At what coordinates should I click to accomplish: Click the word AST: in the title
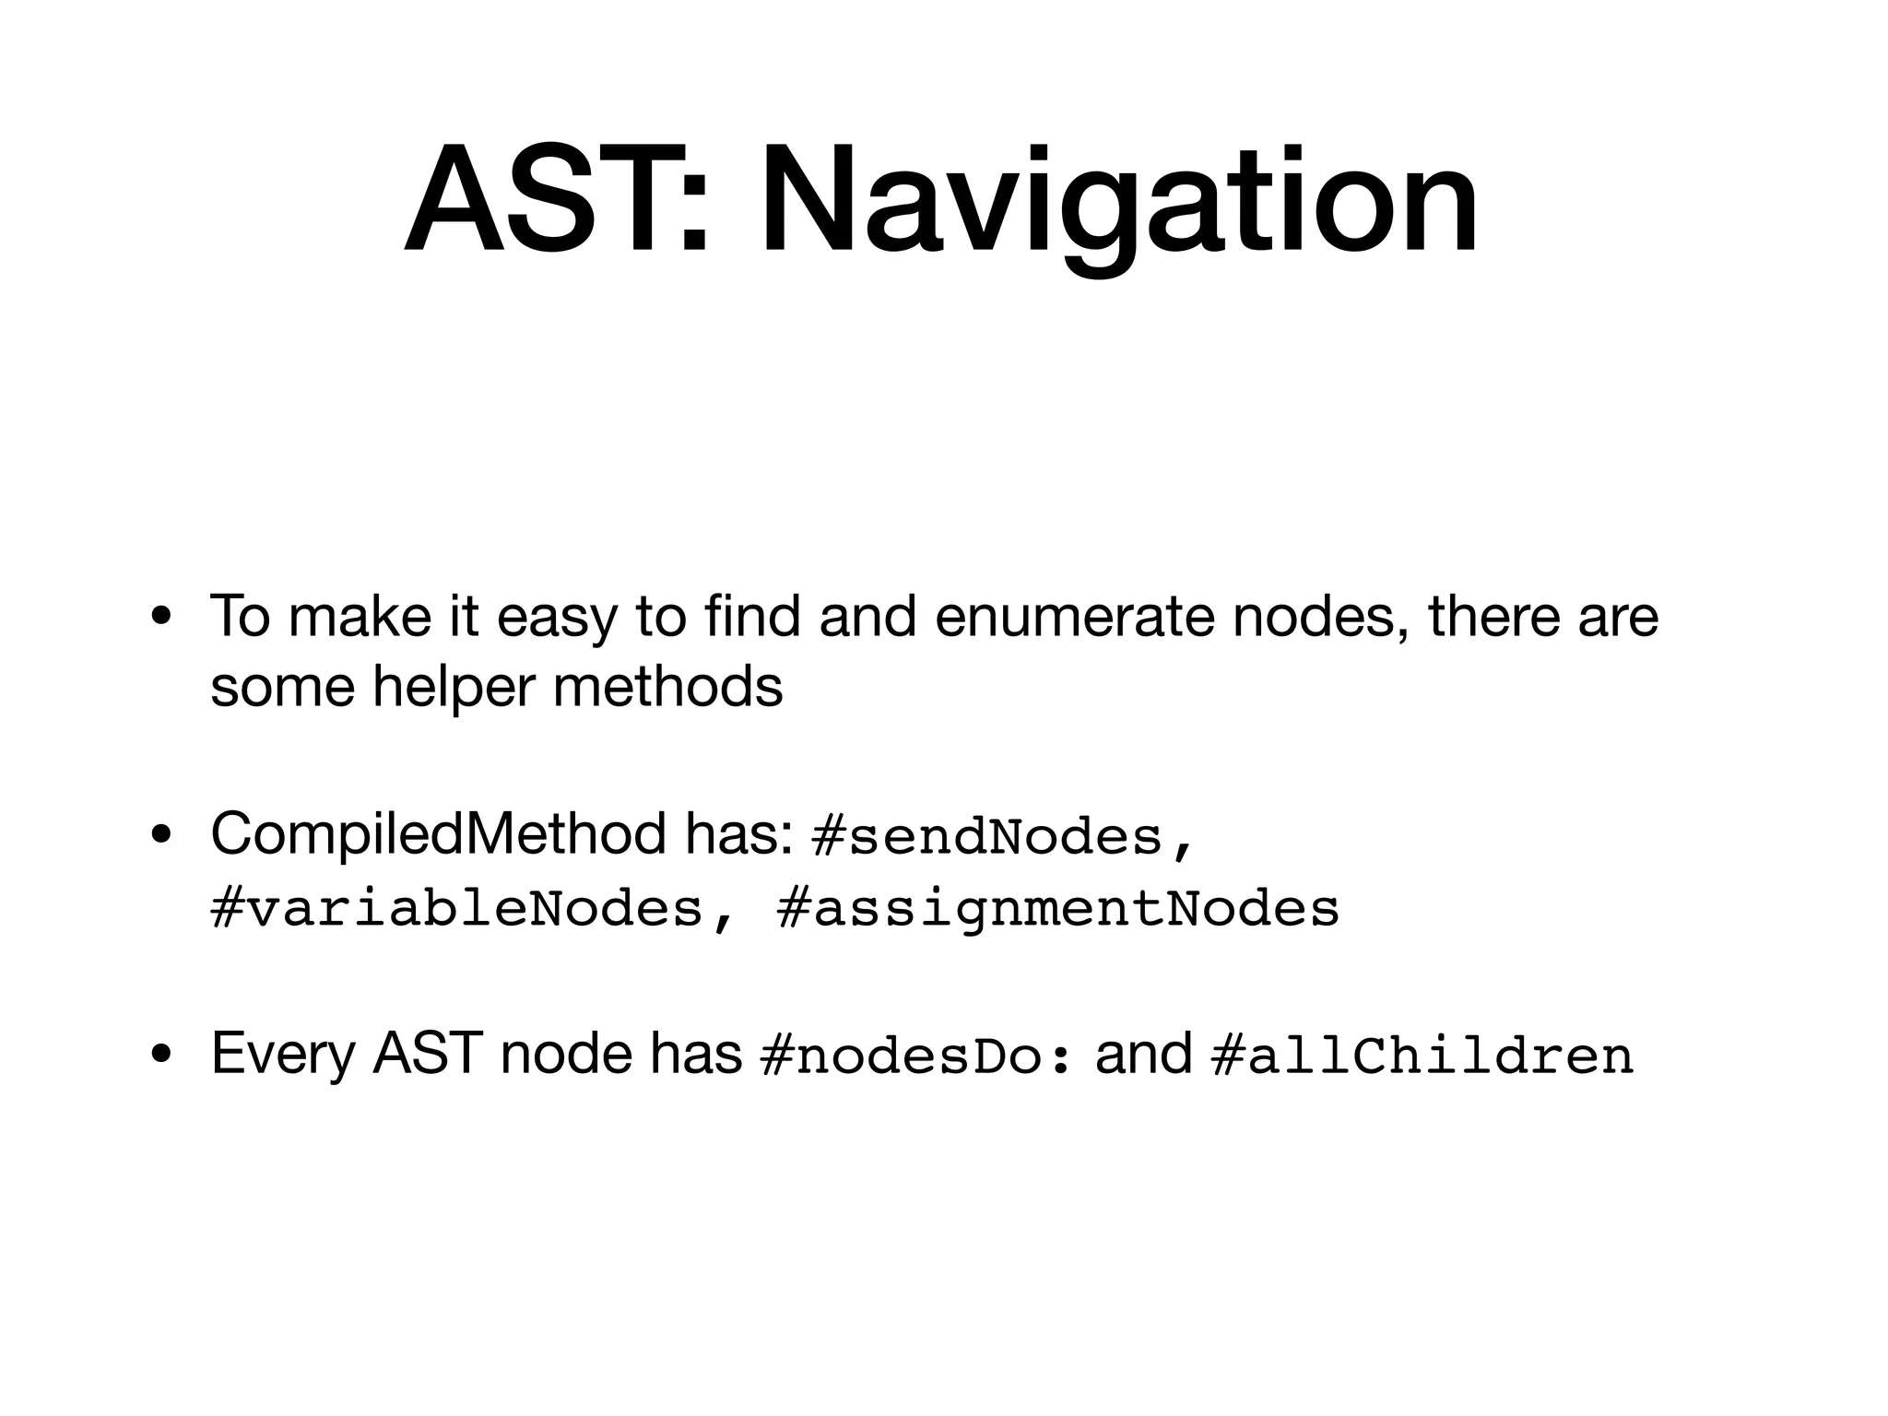click(x=557, y=201)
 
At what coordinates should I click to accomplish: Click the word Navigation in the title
click(x=1119, y=201)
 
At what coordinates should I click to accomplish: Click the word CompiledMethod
click(x=438, y=833)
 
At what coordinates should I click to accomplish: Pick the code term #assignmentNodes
click(x=1058, y=909)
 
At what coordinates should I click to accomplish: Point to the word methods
click(x=667, y=687)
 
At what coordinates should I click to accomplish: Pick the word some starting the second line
click(x=282, y=687)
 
